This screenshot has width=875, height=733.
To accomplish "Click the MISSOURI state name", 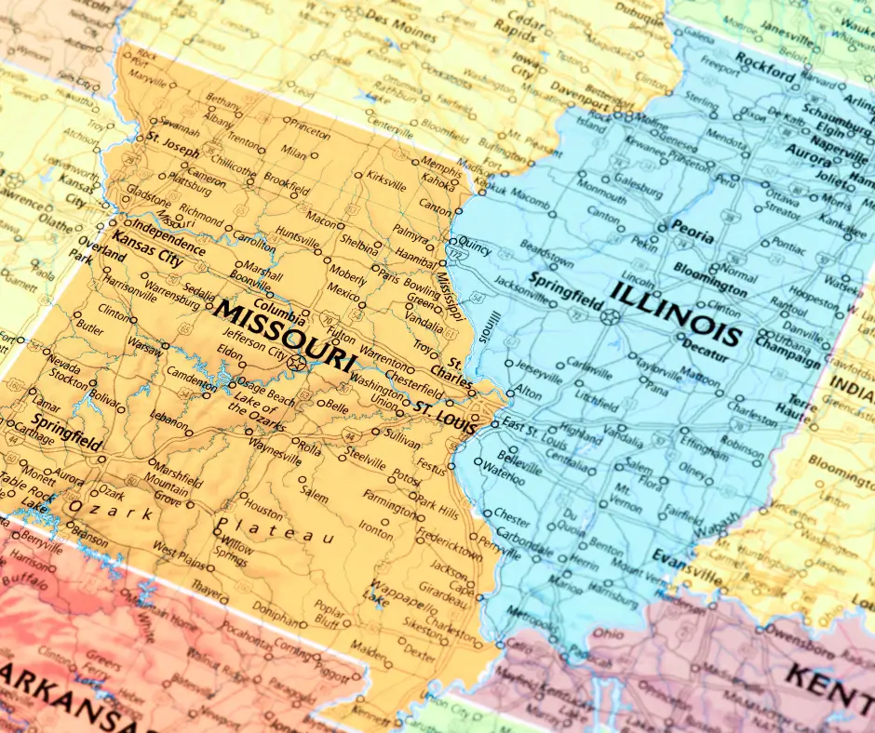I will pos(283,335).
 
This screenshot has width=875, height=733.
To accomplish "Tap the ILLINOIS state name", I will pos(677,313).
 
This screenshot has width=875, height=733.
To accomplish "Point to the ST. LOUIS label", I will pos(445,409).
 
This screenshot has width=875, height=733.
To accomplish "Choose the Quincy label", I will pos(474,248).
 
